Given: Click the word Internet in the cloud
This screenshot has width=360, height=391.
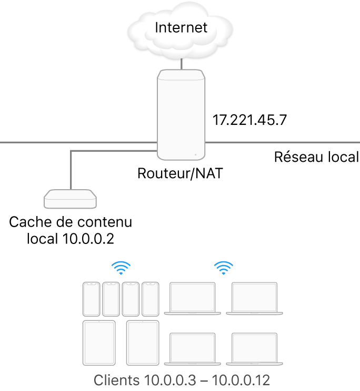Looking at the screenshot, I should (x=181, y=27).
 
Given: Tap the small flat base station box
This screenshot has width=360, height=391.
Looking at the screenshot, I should (x=71, y=199).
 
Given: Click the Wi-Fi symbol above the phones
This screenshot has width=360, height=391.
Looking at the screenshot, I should (x=121, y=268).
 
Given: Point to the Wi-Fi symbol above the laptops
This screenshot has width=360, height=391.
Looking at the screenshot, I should (x=224, y=268).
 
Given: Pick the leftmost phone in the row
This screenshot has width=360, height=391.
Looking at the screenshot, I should (x=91, y=299).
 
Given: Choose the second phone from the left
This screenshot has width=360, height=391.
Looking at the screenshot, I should (x=111, y=299).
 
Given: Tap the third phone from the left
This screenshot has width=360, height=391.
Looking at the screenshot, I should (x=131, y=299).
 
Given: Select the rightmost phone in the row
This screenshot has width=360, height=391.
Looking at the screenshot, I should (x=150, y=299).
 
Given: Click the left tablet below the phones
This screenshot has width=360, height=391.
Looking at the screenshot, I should (x=99, y=343).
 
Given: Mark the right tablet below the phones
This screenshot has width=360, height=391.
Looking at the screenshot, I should (x=143, y=343).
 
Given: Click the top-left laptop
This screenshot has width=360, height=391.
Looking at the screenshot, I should (x=192, y=298).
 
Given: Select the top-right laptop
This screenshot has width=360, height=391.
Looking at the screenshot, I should (x=255, y=298).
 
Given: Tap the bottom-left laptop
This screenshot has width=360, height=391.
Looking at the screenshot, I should (x=192, y=348).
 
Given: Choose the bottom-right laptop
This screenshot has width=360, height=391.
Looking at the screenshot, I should (x=255, y=348).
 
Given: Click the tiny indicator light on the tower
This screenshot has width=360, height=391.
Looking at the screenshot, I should (x=195, y=155).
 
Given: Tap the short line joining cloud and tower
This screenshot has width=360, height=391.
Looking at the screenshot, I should (x=182, y=63).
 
